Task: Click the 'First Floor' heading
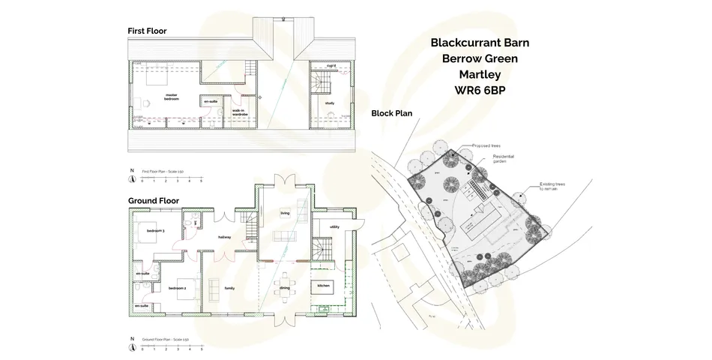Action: [x=147, y=31]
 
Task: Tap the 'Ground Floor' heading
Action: [x=153, y=201]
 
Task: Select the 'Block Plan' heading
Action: [x=390, y=113]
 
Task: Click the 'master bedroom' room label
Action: [x=172, y=97]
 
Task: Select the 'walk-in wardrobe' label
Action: [x=240, y=112]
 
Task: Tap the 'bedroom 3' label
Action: [x=155, y=230]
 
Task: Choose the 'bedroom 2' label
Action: [x=177, y=289]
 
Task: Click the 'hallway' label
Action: [x=225, y=237]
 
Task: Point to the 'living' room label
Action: [x=285, y=213]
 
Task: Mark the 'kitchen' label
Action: [x=323, y=286]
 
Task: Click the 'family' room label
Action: [x=229, y=288]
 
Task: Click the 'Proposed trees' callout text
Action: [x=487, y=146]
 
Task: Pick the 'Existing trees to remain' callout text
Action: [x=555, y=186]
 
